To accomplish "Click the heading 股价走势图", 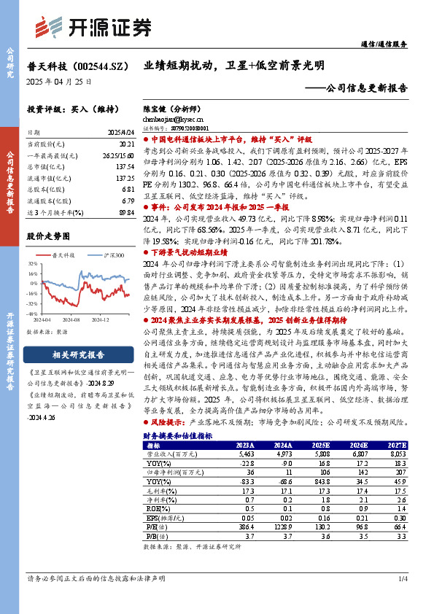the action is (x=48, y=236).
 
